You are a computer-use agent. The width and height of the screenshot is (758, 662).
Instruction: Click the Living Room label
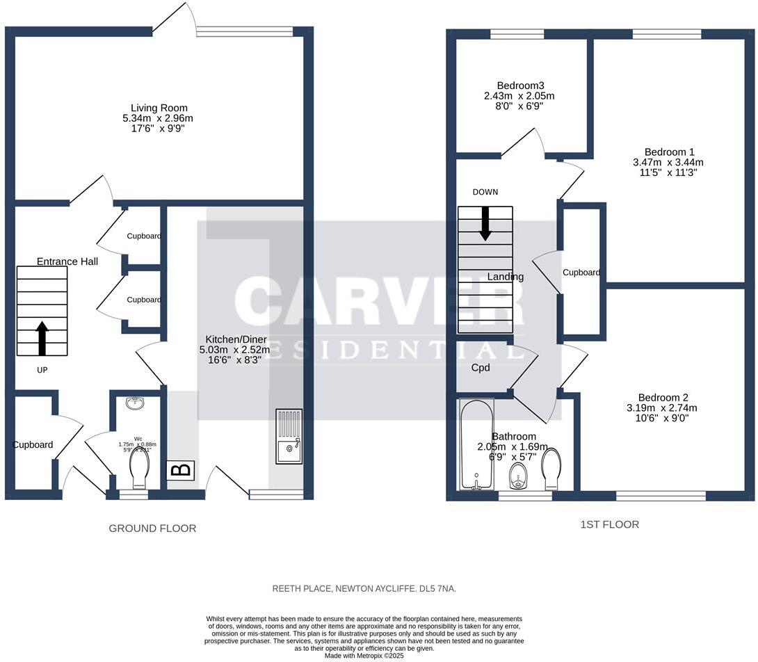[159, 108]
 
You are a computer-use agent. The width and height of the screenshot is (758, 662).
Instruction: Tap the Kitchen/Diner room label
[234, 340]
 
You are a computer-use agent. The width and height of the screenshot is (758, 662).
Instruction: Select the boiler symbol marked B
[181, 470]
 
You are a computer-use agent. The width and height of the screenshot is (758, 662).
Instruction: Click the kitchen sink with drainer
[289, 436]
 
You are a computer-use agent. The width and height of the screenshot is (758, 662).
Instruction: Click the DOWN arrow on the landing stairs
[485, 224]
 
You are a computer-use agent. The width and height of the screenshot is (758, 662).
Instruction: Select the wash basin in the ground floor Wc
[135, 403]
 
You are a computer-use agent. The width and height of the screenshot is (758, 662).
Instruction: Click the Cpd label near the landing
[481, 368]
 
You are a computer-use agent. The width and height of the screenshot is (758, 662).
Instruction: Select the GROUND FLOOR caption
[152, 528]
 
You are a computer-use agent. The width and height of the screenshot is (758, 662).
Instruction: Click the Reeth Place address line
[364, 589]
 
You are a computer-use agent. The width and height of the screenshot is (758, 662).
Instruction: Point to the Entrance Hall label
[67, 261]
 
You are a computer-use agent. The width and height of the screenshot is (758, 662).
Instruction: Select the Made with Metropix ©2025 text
[364, 655]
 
